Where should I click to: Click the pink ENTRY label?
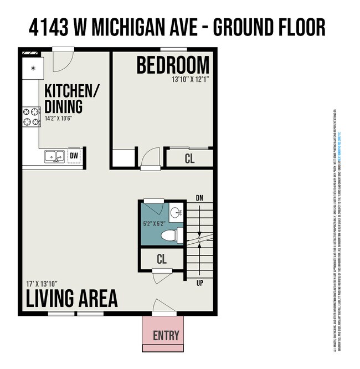[x=166, y=335]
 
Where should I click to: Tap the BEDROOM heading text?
[x=173, y=66]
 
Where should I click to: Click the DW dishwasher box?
[x=74, y=156]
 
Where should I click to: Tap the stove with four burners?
[x=30, y=117]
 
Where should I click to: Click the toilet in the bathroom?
[x=169, y=235]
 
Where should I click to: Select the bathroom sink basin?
[x=176, y=212]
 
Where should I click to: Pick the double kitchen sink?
[x=54, y=157]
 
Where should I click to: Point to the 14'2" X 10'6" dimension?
[x=59, y=117]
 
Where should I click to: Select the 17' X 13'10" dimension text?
[x=42, y=283]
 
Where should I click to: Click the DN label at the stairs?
[x=199, y=198]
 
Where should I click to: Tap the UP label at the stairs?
[x=199, y=283]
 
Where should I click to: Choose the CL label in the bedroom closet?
[x=189, y=158]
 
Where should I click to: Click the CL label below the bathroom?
[x=162, y=259]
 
